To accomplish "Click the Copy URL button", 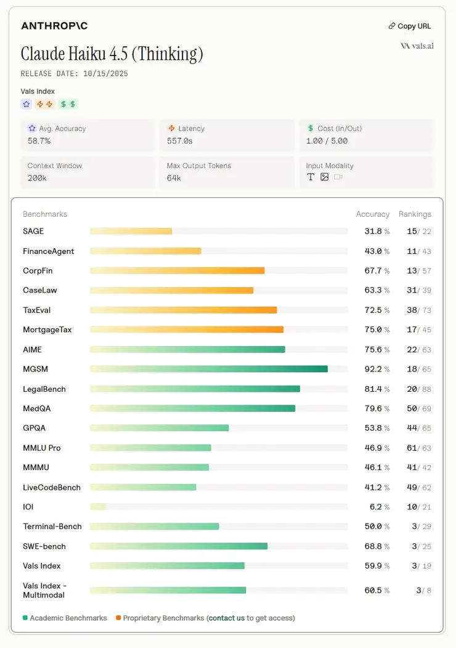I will [x=410, y=26].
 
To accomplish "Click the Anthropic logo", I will [x=54, y=26].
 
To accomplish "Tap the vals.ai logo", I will [x=417, y=46].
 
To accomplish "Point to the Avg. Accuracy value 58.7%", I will [x=39, y=141].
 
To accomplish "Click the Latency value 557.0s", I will [x=180, y=141].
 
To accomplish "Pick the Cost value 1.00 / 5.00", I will [x=327, y=141].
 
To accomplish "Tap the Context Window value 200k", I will [x=37, y=177].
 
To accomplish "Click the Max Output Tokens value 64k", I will [x=174, y=177].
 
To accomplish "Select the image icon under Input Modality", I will [x=324, y=177].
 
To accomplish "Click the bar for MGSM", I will [x=208, y=369].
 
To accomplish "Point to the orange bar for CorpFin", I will [x=177, y=270].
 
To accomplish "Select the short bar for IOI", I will [x=98, y=507].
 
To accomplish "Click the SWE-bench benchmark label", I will [x=44, y=546].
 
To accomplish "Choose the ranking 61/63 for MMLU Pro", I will [x=419, y=448].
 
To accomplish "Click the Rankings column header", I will [x=415, y=214].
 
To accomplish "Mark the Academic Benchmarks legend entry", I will [x=65, y=618].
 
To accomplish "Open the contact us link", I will [x=226, y=618].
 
